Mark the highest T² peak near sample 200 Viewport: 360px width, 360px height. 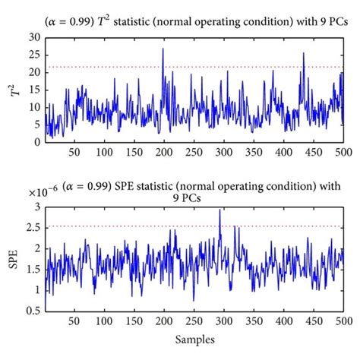[163, 49]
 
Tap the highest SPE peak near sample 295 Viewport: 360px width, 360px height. [220, 210]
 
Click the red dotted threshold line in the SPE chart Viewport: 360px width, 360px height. [114, 226]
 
